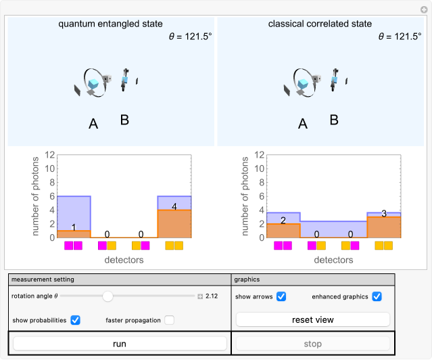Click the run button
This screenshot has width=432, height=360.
point(120,344)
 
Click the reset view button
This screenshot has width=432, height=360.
point(312,319)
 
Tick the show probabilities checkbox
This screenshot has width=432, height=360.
point(76,320)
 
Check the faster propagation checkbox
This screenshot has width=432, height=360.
point(169,320)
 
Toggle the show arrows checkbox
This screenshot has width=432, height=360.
point(281,296)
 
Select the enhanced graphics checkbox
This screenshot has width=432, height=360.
point(377,296)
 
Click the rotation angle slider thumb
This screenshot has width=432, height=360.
point(107,296)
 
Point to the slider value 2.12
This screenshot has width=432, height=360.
point(212,296)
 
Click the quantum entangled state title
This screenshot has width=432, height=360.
point(110,24)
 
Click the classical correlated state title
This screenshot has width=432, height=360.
point(320,24)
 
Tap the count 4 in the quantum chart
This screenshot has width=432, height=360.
point(174,206)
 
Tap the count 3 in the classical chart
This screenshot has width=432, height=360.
point(384,213)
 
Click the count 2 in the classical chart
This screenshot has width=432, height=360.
point(283,220)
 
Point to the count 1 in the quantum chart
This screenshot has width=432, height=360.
point(74,227)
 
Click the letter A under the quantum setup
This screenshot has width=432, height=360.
point(94,123)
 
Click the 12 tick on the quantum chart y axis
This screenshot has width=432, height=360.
point(49,154)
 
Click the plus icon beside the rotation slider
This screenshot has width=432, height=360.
point(200,296)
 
